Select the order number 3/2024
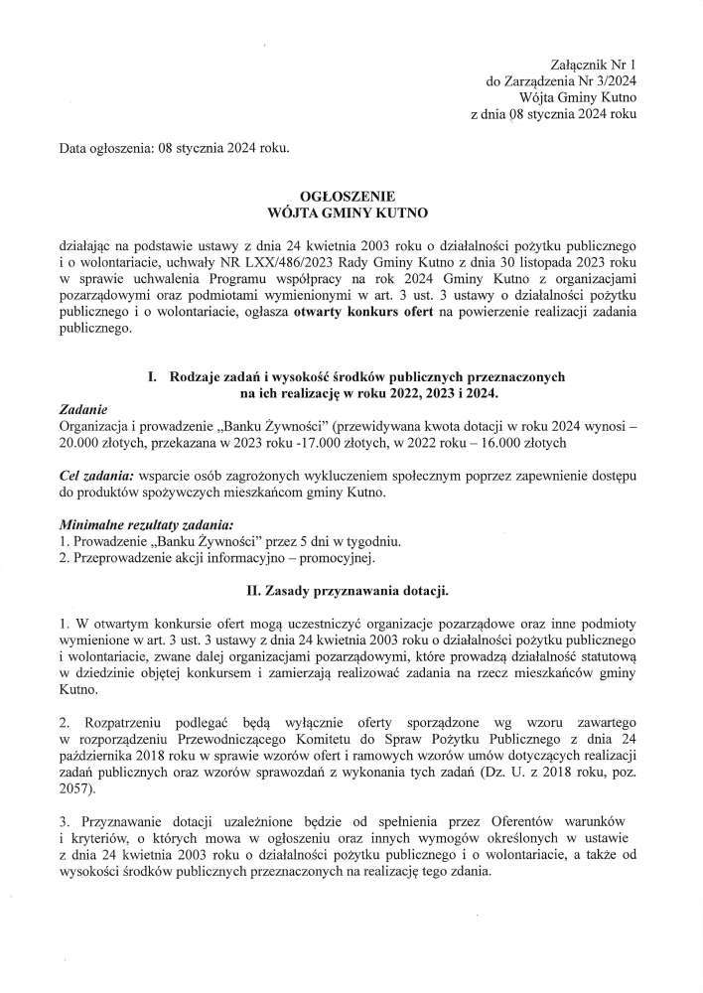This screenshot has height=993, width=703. [x=613, y=80]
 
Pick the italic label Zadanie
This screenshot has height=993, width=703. [x=84, y=409]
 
